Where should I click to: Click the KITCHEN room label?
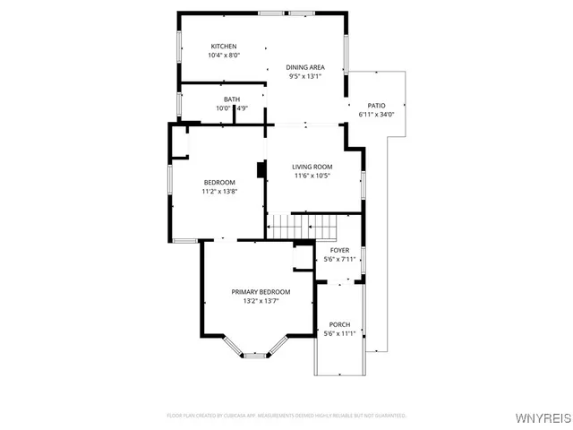pyautogui.click(x=223, y=47)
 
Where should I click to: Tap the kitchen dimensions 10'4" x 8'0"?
pyautogui.click(x=223, y=56)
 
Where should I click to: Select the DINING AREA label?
pyautogui.click(x=304, y=67)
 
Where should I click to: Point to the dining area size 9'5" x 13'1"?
pyautogui.click(x=304, y=76)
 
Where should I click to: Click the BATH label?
pyautogui.click(x=232, y=99)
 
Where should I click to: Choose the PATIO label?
pyautogui.click(x=376, y=106)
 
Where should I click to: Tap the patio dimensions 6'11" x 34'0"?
pyautogui.click(x=376, y=115)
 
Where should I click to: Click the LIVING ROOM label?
pyautogui.click(x=312, y=167)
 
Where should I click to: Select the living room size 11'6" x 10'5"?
pyautogui.click(x=312, y=176)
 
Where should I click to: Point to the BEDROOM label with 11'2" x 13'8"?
pyautogui.click(x=218, y=182)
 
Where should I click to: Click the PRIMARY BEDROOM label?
pyautogui.click(x=261, y=292)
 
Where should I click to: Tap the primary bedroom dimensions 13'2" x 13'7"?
pyautogui.click(x=261, y=301)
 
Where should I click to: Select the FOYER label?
pyautogui.click(x=339, y=250)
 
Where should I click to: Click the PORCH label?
pyautogui.click(x=339, y=324)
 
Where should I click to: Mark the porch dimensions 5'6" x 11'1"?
pyautogui.click(x=339, y=333)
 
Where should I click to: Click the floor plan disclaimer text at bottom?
pyautogui.click(x=286, y=416)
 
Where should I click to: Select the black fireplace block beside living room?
pyautogui.click(x=261, y=170)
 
